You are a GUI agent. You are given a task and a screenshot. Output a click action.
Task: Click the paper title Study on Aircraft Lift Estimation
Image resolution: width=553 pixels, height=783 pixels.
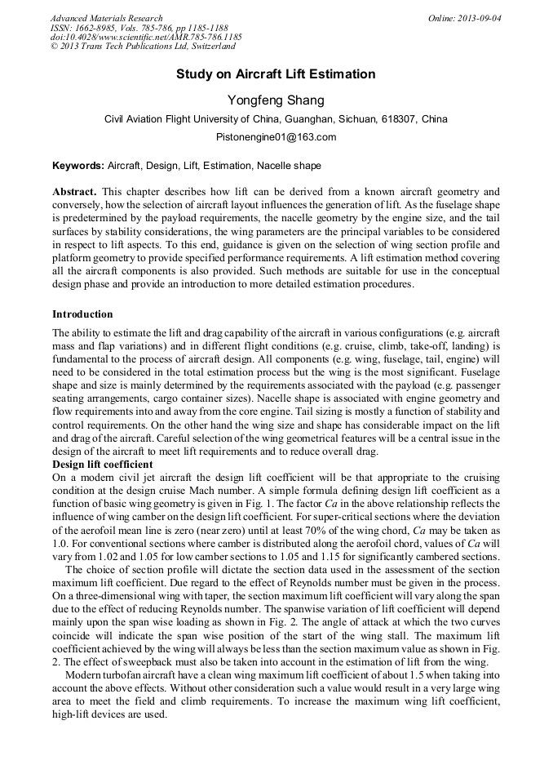coord(276,74)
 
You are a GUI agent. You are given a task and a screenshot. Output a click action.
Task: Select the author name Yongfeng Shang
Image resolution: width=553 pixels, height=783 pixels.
coord(276,100)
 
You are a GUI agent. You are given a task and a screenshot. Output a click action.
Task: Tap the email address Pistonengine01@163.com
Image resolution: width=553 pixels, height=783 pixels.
coord(276,137)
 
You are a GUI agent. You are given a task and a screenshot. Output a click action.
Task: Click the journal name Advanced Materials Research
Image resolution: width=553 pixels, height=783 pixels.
coord(106,18)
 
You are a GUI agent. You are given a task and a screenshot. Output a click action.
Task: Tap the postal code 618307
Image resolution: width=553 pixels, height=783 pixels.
coord(400,119)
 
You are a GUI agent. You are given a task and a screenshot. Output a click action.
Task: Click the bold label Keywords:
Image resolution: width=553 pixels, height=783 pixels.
coord(78,166)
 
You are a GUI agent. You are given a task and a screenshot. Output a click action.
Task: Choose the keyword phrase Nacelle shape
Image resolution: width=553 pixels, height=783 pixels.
coord(289,166)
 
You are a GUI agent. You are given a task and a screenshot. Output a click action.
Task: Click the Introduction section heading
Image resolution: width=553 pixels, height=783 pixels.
coord(82,314)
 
